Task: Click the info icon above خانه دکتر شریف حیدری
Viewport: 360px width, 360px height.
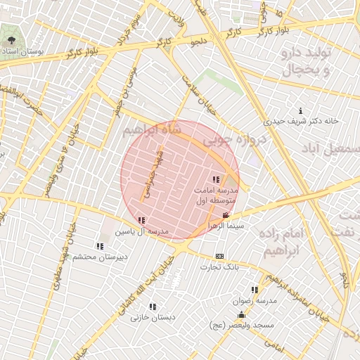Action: click(x=301, y=110)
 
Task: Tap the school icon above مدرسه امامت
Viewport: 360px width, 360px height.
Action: click(x=215, y=179)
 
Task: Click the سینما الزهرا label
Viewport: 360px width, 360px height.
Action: click(x=226, y=226)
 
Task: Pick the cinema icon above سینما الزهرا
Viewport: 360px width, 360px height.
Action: click(x=225, y=215)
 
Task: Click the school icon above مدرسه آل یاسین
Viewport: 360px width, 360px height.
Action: click(x=142, y=220)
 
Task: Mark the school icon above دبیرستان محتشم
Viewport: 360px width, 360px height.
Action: click(x=100, y=246)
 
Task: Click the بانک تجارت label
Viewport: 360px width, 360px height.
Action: click(x=219, y=266)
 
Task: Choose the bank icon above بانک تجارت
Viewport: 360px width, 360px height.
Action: click(x=219, y=256)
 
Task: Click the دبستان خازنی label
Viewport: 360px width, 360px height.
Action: click(x=153, y=318)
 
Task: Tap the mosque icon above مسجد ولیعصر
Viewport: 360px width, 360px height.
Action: click(x=241, y=314)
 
